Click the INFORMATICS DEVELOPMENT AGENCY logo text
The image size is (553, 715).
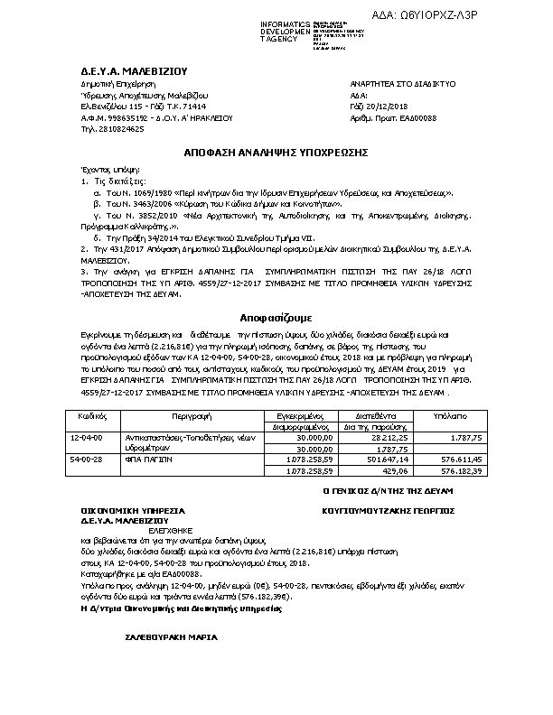point(285,32)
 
